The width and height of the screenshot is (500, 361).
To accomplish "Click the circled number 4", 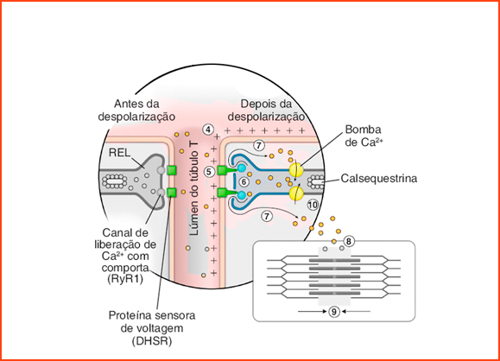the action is (208, 130).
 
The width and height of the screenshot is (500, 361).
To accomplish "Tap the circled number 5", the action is (209, 172).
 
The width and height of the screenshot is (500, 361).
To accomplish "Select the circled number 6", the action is (244, 181).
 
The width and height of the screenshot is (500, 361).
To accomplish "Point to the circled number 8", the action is (349, 242).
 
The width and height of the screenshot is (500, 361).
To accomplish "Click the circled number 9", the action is (334, 311).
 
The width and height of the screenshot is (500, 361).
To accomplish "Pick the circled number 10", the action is (313, 205).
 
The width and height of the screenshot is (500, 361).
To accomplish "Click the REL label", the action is (119, 153).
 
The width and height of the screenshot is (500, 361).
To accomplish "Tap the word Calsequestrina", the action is (379, 178).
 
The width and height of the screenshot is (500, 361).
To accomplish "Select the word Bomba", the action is (363, 130).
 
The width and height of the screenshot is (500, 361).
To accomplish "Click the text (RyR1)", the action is (125, 279).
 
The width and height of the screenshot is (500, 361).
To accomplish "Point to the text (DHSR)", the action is (152, 341).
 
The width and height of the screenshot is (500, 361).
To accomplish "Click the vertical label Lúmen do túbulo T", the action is (194, 189).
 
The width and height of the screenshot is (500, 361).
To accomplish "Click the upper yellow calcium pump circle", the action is (296, 170).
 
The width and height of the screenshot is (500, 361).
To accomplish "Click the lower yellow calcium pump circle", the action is (296, 193).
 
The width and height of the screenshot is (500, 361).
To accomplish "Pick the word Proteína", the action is (129, 315).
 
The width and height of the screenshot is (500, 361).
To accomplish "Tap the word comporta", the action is (125, 268).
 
